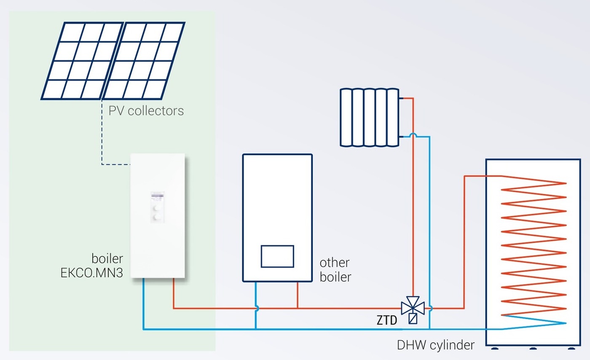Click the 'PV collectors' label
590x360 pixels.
coord(146,111)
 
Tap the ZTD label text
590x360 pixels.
coord(387,320)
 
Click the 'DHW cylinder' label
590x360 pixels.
coord(436,345)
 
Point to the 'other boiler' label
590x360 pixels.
coord(335,270)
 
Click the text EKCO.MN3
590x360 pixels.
coord(92,273)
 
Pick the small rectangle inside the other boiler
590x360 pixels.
coord(277,256)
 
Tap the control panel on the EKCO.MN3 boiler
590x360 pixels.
coord(157,207)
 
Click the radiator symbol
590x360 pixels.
coord(369,117)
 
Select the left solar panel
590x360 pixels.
coord(82,61)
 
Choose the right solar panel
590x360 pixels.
coord(144,61)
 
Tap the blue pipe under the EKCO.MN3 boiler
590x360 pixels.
coord(143,304)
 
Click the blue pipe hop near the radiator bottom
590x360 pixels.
coord(413,135)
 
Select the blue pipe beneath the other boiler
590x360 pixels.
coord(255,306)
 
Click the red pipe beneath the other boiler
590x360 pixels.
coord(298,295)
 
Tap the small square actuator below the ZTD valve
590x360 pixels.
coord(413,319)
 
